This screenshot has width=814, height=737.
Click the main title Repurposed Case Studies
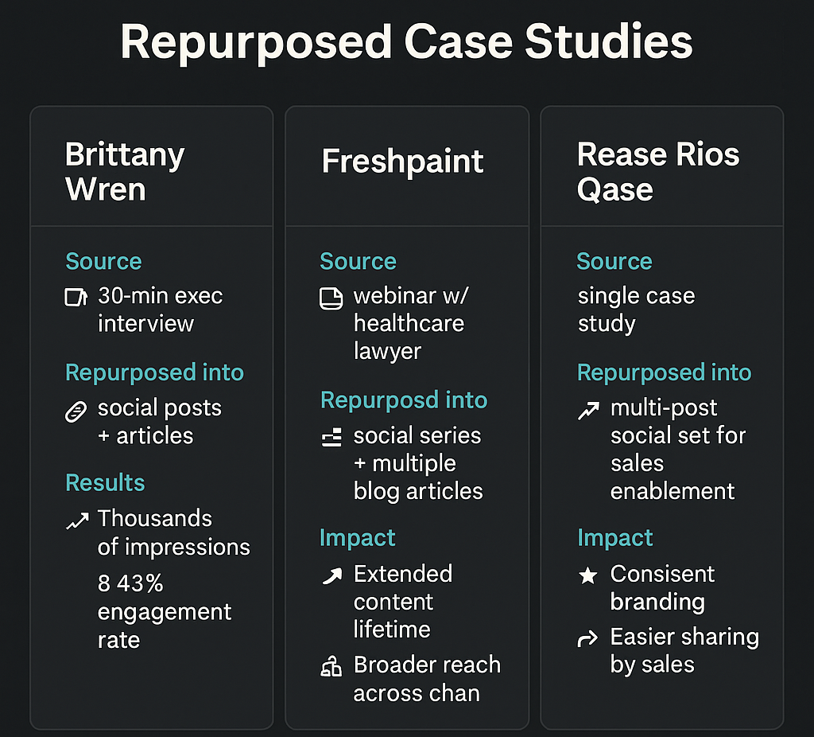point(406,42)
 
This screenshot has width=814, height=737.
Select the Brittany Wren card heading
point(125,171)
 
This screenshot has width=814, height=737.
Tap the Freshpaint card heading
point(402,162)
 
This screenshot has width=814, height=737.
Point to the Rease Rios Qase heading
point(658,171)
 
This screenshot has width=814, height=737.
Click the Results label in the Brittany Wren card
point(105,482)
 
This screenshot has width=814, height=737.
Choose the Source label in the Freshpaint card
point(358,261)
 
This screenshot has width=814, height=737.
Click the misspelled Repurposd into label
point(404,400)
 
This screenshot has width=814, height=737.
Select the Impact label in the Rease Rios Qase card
point(614,538)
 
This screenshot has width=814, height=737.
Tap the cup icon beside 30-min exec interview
point(76,298)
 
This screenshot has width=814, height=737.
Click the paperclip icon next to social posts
point(76,411)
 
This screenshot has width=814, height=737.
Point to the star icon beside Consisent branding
point(587,575)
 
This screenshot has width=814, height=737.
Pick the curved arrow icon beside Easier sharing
point(587,638)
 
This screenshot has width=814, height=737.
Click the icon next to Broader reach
point(331,667)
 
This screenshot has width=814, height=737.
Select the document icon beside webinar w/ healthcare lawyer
point(331,298)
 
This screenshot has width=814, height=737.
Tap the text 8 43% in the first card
point(130,583)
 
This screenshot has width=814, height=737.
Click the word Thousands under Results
point(155,519)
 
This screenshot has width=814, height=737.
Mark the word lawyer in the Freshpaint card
point(387,351)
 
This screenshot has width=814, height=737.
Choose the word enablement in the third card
point(673,491)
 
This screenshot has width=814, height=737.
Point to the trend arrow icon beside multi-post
point(587,411)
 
